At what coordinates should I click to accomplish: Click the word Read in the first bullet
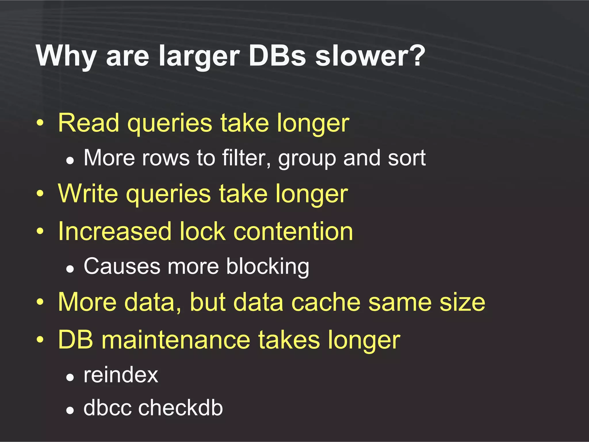(89, 123)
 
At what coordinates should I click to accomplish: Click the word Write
(88, 194)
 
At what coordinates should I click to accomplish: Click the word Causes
(122, 266)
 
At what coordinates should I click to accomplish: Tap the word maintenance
(176, 340)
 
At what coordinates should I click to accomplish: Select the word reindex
(121, 375)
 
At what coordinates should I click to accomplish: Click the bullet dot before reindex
(70, 377)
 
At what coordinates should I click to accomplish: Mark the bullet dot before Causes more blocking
(70, 269)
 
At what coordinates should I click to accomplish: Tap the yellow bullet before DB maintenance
(40, 340)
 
